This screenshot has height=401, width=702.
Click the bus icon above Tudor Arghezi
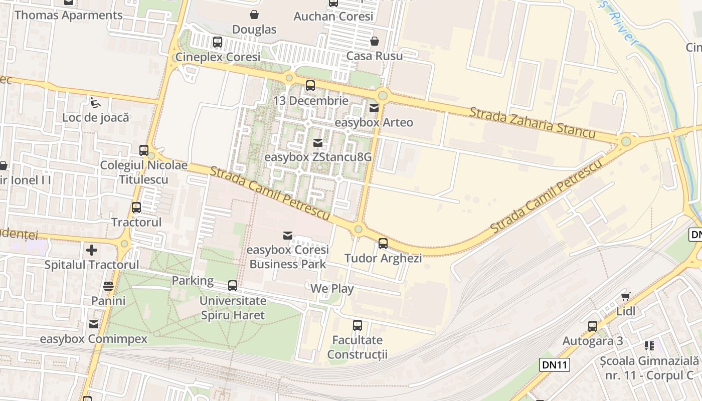click(x=383, y=244)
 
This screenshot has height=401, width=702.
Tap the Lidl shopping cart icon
click(x=625, y=296)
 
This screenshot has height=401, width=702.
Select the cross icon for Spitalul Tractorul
click(x=92, y=250)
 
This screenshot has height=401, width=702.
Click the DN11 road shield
click(x=555, y=365)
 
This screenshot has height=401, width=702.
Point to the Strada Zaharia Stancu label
click(x=532, y=122)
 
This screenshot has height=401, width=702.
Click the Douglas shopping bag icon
click(x=254, y=14)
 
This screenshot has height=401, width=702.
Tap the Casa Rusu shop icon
click(x=374, y=41)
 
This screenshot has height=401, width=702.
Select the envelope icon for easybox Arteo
click(x=374, y=108)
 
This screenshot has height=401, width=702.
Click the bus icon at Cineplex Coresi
click(x=218, y=42)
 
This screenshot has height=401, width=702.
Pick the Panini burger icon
click(x=108, y=286)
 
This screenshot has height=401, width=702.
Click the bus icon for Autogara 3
click(x=593, y=326)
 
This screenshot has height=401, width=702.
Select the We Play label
click(x=331, y=289)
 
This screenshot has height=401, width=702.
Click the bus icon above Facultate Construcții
click(x=357, y=325)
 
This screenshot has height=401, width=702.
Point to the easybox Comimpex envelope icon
click(x=94, y=324)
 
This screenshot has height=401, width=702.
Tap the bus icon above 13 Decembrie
click(x=310, y=86)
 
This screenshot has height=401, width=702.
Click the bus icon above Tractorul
click(x=136, y=207)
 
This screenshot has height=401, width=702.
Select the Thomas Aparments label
click(x=68, y=15)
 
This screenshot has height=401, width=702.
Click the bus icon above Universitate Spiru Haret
click(x=233, y=286)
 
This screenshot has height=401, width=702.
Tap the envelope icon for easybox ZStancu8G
click(x=318, y=143)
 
